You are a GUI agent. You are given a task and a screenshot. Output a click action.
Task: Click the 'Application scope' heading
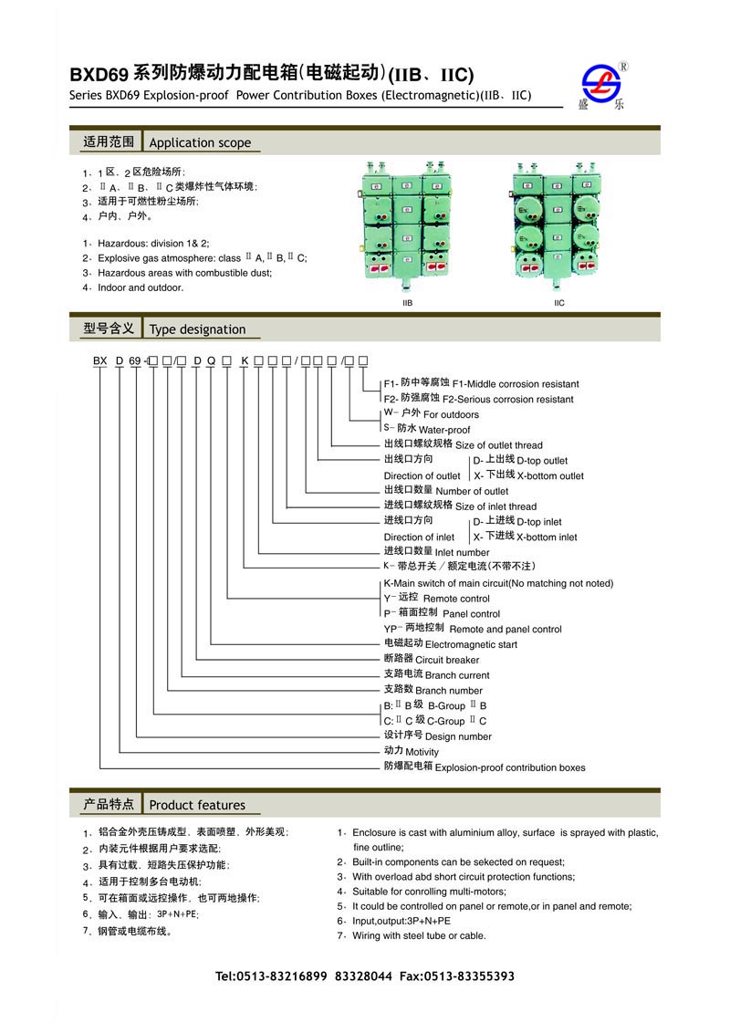tap(199, 142)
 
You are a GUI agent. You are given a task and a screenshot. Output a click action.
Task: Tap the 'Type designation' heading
tap(197, 329)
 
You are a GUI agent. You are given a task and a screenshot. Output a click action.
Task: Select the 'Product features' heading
tap(197, 805)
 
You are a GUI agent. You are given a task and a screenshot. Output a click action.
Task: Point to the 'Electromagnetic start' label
tap(471, 644)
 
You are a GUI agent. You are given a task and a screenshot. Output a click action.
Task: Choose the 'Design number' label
tap(458, 736)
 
